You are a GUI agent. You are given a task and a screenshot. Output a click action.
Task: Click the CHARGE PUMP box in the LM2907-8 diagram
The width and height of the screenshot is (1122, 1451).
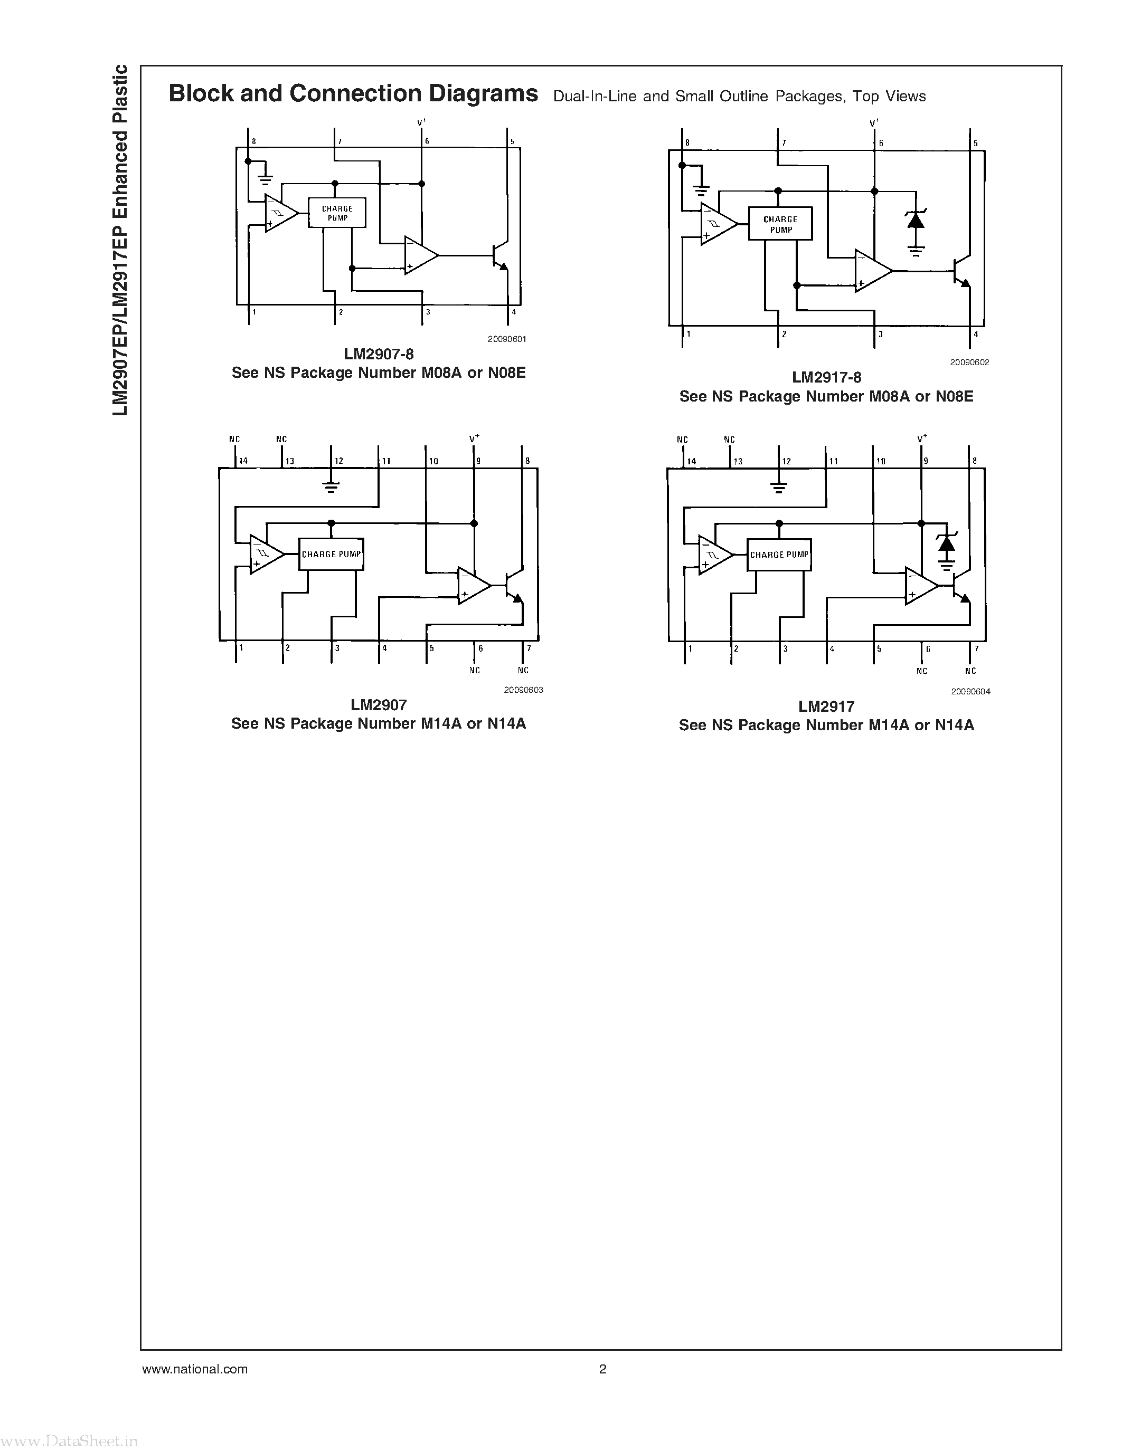337,213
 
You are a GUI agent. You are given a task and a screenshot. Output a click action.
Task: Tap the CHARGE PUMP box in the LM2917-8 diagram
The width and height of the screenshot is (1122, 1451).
780,224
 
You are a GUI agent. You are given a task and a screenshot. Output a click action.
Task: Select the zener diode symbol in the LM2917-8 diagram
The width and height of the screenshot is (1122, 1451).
916,220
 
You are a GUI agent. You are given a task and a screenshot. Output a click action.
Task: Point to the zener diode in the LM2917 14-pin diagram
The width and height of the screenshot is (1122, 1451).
946,543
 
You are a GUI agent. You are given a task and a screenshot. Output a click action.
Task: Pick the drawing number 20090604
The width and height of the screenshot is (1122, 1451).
970,691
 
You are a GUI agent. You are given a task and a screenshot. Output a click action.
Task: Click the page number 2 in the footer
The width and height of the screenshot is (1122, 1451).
602,1369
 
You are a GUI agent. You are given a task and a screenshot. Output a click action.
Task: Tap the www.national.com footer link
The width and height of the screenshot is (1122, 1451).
195,1369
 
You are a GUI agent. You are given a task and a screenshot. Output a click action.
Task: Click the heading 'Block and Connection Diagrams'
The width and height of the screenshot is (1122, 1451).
353,94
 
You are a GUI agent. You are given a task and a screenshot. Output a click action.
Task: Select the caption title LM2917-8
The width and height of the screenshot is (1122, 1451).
826,377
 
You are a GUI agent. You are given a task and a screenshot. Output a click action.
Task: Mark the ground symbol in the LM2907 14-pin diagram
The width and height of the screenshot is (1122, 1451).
331,485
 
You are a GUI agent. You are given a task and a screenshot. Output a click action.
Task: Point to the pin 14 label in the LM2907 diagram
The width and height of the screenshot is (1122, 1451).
243,461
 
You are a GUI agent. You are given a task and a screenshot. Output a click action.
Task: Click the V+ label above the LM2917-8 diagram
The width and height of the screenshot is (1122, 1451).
874,123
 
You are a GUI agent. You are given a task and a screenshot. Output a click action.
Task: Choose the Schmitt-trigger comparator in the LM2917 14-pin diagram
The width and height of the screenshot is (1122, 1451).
713,554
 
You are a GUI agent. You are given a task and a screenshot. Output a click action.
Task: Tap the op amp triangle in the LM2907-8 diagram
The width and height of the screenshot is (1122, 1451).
419,255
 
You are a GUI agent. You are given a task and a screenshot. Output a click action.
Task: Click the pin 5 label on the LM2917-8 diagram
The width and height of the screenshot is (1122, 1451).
975,144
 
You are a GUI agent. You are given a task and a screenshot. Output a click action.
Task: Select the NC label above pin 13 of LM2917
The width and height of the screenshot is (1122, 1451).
729,440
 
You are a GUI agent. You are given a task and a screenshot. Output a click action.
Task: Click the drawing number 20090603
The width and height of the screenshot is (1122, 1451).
523,690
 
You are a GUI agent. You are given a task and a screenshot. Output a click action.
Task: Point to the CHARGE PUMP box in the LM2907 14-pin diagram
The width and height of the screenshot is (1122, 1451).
331,554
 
